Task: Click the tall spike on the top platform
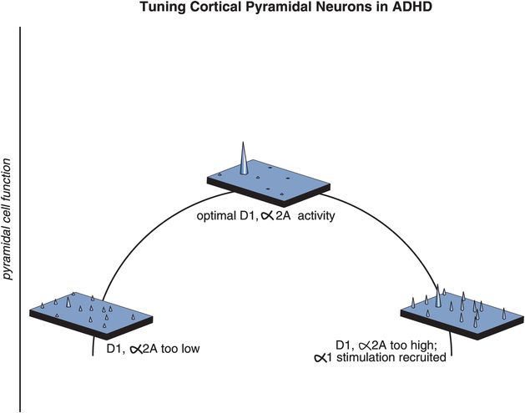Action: click(x=244, y=159)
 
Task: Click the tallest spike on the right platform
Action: click(x=438, y=296)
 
